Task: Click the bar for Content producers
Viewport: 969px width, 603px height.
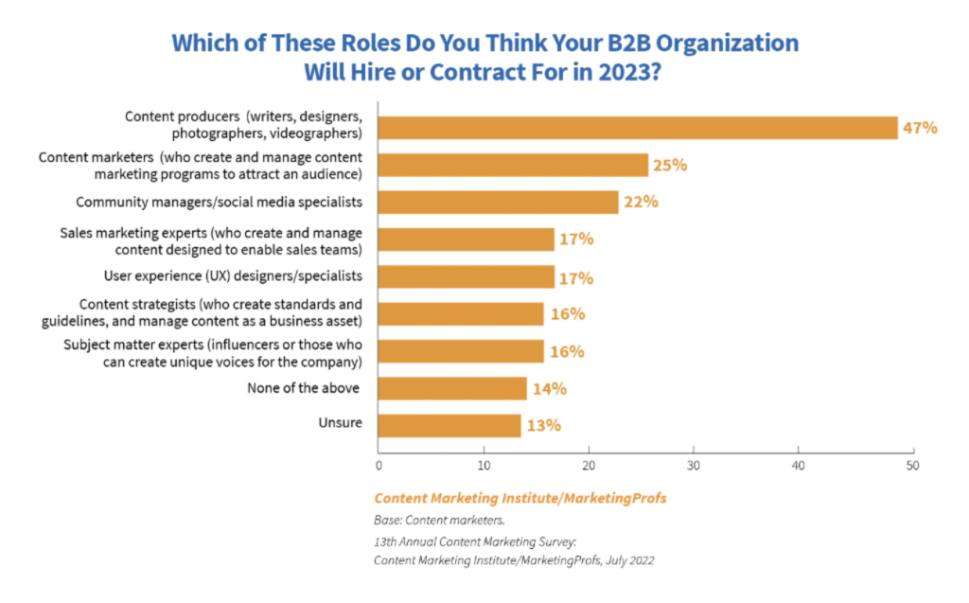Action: pyautogui.click(x=638, y=128)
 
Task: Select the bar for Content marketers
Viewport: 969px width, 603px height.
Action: pyautogui.click(x=513, y=165)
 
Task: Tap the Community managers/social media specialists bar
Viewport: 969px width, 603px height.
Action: pyautogui.click(x=498, y=202)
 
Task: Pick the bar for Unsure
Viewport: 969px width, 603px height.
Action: pyautogui.click(x=449, y=425)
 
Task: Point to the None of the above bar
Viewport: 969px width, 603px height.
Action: pyautogui.click(x=452, y=388)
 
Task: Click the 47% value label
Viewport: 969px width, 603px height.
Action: pyautogui.click(x=920, y=128)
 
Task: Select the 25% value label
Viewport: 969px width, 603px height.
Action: pyautogui.click(x=670, y=165)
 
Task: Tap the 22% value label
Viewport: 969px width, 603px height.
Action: pyautogui.click(x=640, y=202)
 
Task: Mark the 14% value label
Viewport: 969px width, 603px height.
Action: pyautogui.click(x=549, y=388)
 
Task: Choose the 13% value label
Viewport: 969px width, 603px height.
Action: pyautogui.click(x=543, y=425)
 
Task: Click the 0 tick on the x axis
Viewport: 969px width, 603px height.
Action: pyautogui.click(x=379, y=466)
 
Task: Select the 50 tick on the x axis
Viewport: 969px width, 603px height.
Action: pyautogui.click(x=912, y=466)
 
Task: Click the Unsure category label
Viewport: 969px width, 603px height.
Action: pyautogui.click(x=340, y=422)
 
